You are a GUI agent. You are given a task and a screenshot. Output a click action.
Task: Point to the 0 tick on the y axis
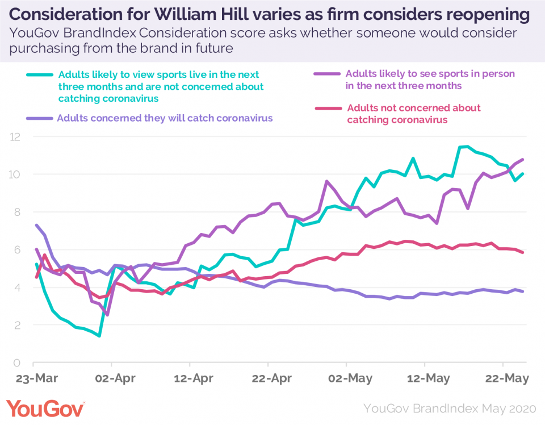pos(18,363)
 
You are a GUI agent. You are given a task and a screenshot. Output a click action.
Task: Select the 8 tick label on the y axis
pos(18,213)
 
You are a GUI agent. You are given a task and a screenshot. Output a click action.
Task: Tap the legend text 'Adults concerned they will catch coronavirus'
pos(165,118)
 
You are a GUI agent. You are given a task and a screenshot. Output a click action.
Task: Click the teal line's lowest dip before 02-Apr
pos(99,336)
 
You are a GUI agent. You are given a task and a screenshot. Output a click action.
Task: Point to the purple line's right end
pos(522,159)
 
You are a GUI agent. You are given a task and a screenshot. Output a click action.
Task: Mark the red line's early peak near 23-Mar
pos(45,255)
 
